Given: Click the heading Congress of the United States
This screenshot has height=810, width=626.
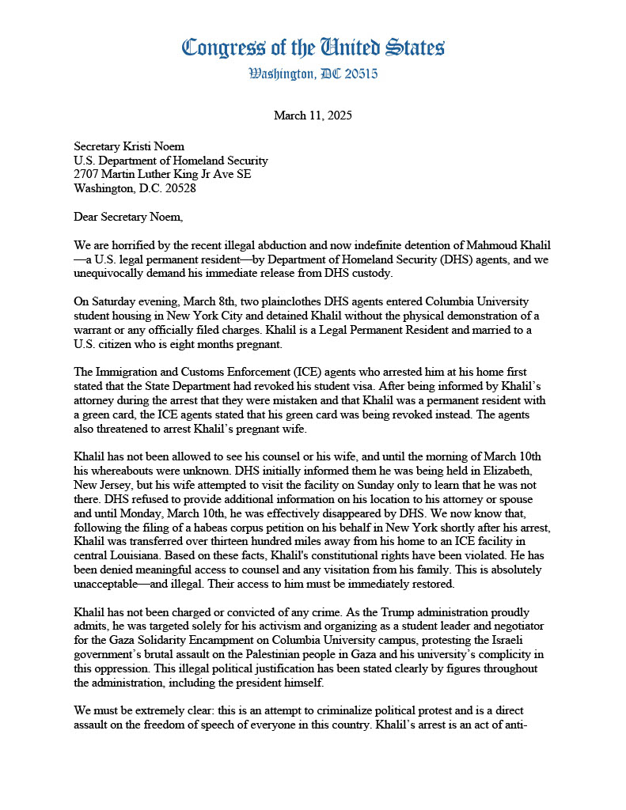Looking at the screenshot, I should pyautogui.click(x=313, y=48).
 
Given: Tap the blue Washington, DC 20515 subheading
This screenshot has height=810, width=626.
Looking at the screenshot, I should pyautogui.click(x=313, y=74).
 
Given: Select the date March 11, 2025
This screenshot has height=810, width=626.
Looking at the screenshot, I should pyautogui.click(x=313, y=115).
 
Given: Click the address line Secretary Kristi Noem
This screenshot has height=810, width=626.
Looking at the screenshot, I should pyautogui.click(x=130, y=146).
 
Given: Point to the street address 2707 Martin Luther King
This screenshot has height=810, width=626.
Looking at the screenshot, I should pyautogui.click(x=162, y=174).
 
